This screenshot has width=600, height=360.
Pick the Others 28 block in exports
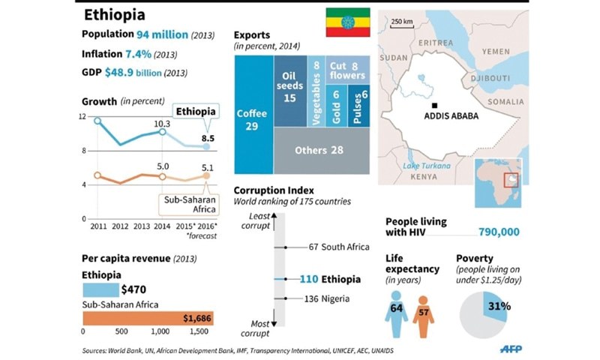point(321,151)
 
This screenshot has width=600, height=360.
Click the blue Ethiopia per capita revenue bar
point(100,289)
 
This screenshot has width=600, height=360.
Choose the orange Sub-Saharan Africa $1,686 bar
point(148,319)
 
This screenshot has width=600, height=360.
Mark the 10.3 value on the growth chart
point(163,123)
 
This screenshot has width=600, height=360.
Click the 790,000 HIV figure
point(499,232)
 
